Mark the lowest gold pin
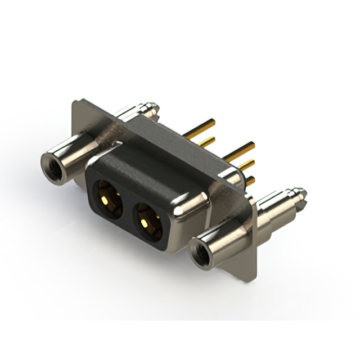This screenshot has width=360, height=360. (251, 181)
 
